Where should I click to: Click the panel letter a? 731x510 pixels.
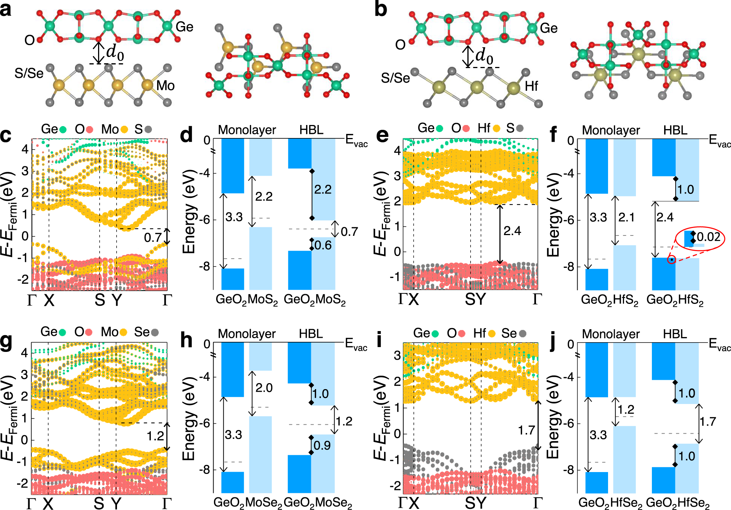tap(6, 9)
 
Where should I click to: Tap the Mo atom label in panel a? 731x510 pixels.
tap(165, 86)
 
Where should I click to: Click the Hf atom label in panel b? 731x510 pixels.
tap(531, 86)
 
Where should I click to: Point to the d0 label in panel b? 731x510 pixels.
tap(484, 56)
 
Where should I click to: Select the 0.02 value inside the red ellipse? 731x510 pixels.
tap(708, 237)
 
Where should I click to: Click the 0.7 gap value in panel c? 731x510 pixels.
tap(153, 237)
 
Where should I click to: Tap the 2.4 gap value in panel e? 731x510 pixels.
tap(512, 231)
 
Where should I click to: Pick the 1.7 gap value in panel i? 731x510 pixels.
tap(526, 430)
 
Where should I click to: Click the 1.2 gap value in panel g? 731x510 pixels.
tap(155, 436)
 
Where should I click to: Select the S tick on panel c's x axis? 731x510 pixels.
tap(100, 300)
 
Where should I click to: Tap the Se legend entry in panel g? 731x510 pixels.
tap(146, 332)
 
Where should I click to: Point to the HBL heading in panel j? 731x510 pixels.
tap(675, 334)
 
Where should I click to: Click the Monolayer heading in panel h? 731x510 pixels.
tap(247, 334)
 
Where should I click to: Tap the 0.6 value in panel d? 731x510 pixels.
tap(323, 246)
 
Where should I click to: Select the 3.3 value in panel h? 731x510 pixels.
tap(233, 434)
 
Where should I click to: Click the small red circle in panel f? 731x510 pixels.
tap(671, 259)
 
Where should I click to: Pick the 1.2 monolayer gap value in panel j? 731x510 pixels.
tap(626, 410)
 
